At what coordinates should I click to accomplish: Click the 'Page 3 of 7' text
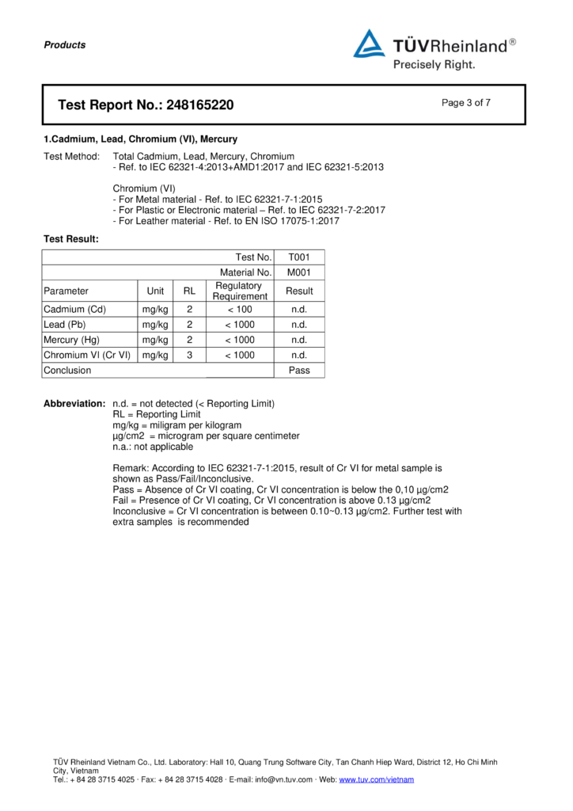pyautogui.click(x=466, y=102)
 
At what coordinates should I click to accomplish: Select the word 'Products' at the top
pyautogui.click(x=65, y=45)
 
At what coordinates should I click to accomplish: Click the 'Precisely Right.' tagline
pyautogui.click(x=434, y=64)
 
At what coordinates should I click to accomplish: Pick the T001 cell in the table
pyautogui.click(x=298, y=257)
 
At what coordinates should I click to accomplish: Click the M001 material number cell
pyautogui.click(x=298, y=272)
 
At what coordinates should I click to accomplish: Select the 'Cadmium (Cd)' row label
pyautogui.click(x=74, y=310)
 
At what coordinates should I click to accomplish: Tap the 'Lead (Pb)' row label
pyautogui.click(x=65, y=325)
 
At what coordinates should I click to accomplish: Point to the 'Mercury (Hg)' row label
pyautogui.click(x=72, y=340)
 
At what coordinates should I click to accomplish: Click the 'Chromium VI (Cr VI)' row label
pyautogui.click(x=87, y=356)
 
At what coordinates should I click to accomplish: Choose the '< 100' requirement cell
pyautogui.click(x=239, y=310)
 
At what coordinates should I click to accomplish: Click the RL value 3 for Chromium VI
pyautogui.click(x=189, y=356)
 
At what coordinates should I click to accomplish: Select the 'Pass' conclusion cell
pyautogui.click(x=298, y=371)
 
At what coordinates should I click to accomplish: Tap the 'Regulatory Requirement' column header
pyautogui.click(x=239, y=291)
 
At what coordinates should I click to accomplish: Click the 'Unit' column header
pyautogui.click(x=154, y=291)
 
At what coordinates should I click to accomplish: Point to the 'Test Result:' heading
pyautogui.click(x=71, y=238)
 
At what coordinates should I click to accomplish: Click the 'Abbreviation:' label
pyautogui.click(x=74, y=404)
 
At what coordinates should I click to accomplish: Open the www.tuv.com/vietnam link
pyautogui.click(x=376, y=780)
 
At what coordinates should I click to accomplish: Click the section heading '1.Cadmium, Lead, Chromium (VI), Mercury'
pyautogui.click(x=140, y=139)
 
